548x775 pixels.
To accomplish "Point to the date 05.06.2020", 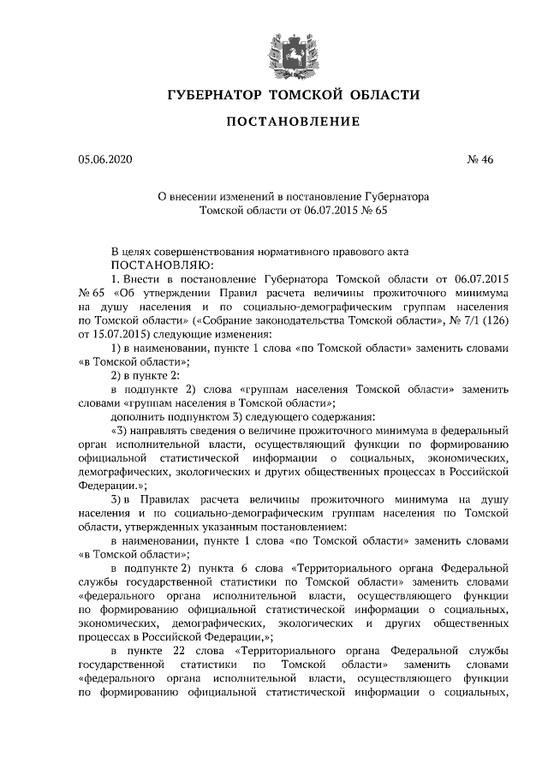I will [x=105, y=159].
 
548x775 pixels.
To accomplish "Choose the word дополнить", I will [x=140, y=415].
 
